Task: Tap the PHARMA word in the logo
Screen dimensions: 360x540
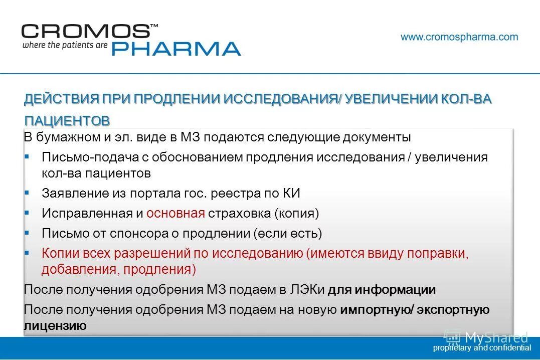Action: click(x=175, y=49)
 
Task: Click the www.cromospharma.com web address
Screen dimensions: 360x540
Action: click(x=459, y=37)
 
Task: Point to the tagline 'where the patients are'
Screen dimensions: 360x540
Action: click(x=64, y=45)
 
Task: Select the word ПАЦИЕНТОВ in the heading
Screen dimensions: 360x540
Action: click(x=67, y=121)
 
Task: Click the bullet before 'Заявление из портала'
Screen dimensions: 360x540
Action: click(x=27, y=193)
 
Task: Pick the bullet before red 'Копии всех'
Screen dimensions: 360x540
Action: click(x=27, y=253)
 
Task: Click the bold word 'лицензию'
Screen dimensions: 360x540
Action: click(x=55, y=326)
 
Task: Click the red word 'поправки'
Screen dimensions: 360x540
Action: click(x=438, y=253)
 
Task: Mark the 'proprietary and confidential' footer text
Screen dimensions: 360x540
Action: click(x=482, y=347)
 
